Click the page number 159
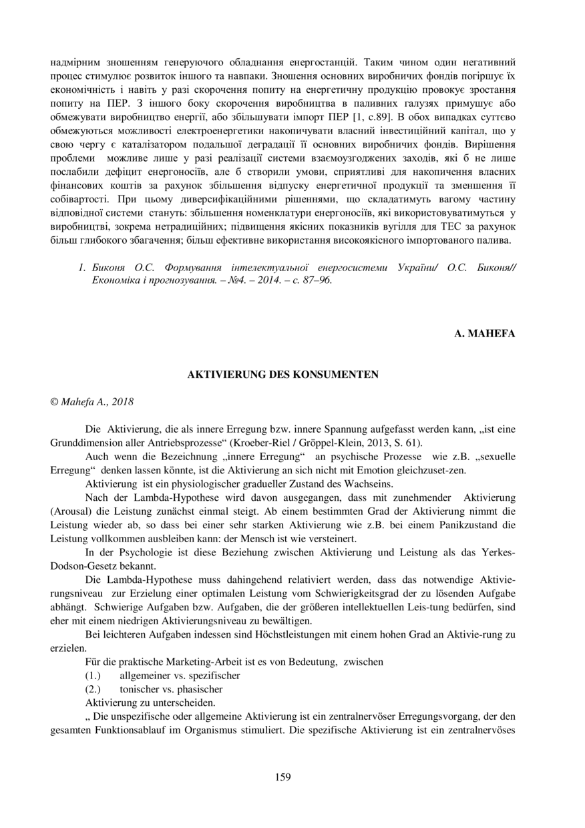pos(282,777)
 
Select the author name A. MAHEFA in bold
pos(485,334)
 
